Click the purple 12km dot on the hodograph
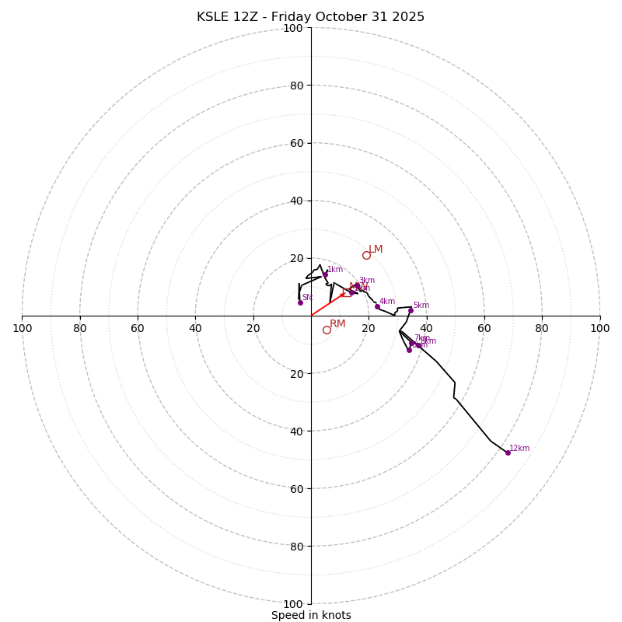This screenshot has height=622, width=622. click(508, 453)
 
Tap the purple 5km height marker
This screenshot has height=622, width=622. click(411, 310)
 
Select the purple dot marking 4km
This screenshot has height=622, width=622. click(377, 306)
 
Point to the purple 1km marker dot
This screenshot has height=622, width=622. click(325, 274)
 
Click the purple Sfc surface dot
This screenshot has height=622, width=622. click(300, 302)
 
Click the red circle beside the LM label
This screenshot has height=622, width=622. click(366, 255)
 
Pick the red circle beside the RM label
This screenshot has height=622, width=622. click(327, 330)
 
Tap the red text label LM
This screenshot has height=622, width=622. click(376, 250)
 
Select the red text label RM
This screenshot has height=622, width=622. click(337, 324)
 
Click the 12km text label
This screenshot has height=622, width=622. click(519, 449)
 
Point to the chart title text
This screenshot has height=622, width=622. click(311, 17)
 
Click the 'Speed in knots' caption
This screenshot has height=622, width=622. click(311, 615)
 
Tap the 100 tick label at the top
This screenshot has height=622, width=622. click(293, 29)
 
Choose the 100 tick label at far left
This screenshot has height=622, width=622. click(23, 328)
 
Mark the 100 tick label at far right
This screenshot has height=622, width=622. click(599, 328)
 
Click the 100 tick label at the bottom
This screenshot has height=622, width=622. click(293, 604)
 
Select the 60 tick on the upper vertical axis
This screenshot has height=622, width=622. click(296, 143)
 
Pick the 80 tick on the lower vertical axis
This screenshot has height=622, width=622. click(296, 547)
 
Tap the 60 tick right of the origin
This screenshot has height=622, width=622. click(484, 328)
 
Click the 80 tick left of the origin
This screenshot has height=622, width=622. click(80, 328)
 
